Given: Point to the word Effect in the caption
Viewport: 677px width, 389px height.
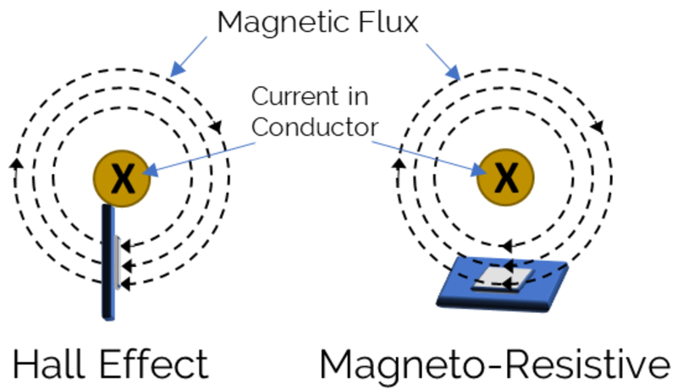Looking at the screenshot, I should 157,364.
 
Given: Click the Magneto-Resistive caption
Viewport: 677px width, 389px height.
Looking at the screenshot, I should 494,364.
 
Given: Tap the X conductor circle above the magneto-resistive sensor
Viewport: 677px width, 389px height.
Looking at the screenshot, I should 505,178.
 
